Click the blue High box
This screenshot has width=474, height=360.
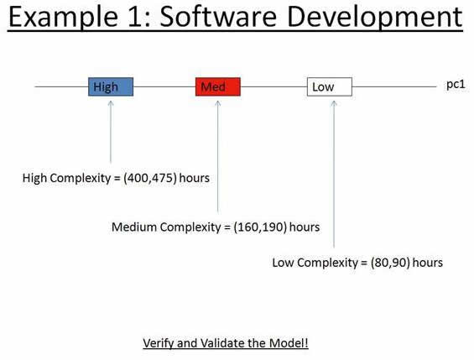tap(111, 86)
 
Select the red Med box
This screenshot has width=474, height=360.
tap(217, 86)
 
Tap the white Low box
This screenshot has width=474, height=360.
tap(329, 86)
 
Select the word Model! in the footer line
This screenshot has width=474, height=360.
tap(289, 343)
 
